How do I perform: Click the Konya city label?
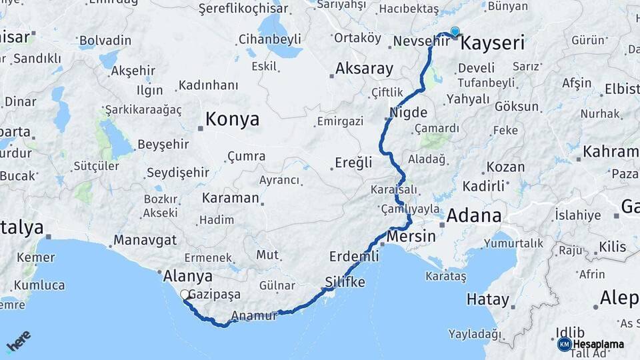232,119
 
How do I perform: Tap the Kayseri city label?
493,44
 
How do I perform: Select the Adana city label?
473,215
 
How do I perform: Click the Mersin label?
411,236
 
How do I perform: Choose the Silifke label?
345,282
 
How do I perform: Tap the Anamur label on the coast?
254,316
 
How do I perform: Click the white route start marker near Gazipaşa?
185,294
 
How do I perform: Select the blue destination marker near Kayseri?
455,31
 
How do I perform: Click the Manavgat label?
145,239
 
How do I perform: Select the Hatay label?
487,299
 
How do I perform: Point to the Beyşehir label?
163,144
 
